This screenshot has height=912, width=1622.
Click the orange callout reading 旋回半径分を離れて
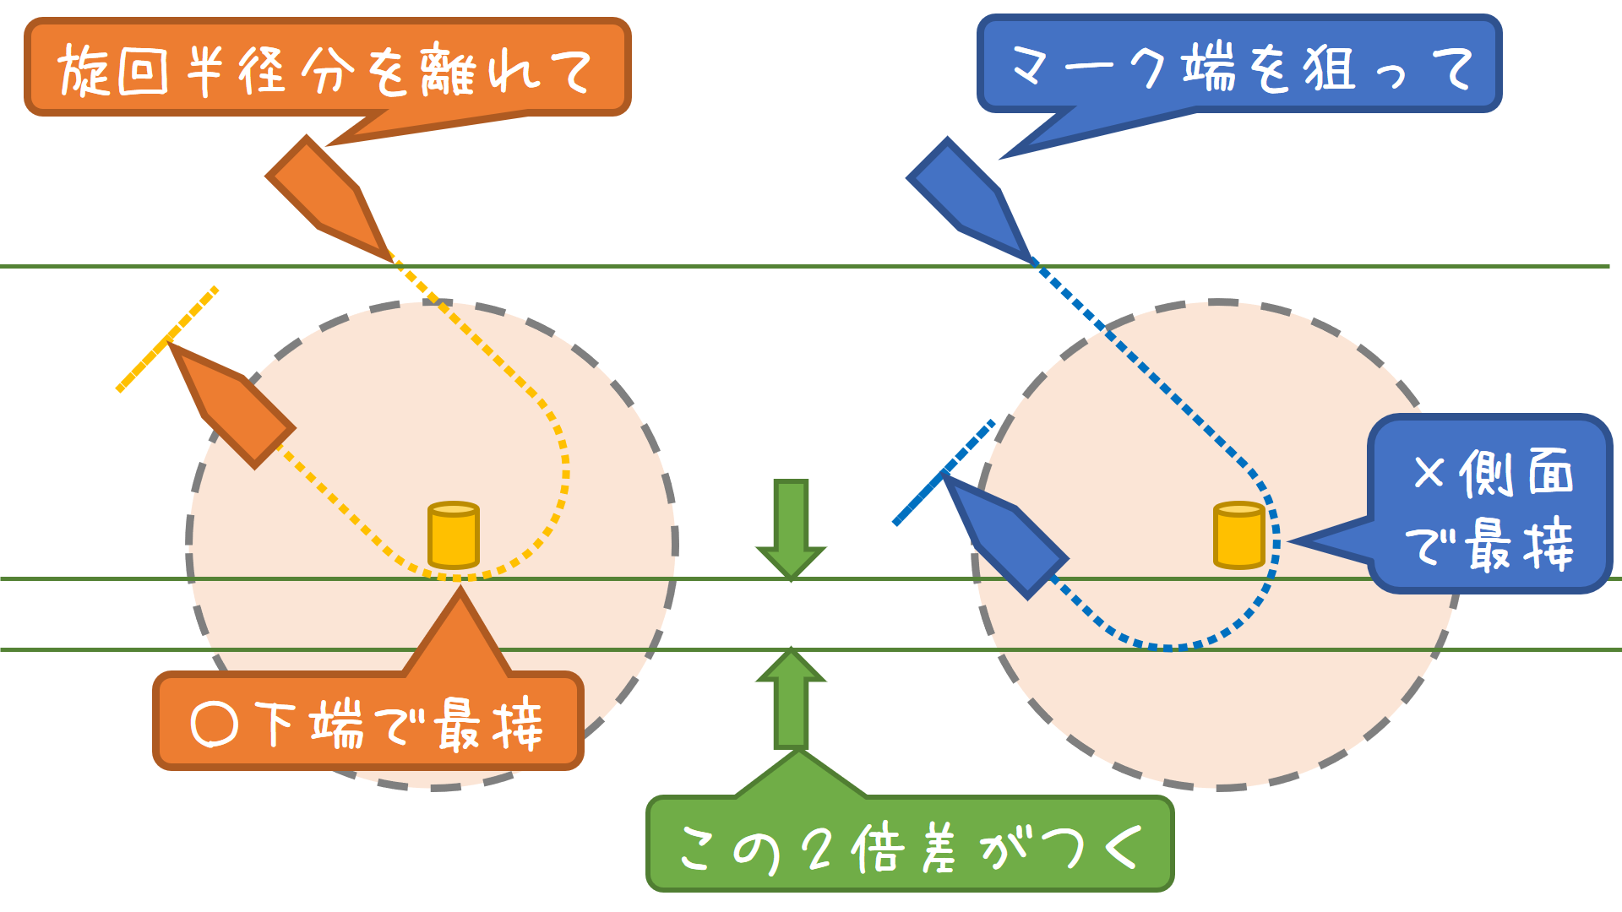click(328, 68)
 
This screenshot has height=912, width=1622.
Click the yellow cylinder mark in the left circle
click(454, 535)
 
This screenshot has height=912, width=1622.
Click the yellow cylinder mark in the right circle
click(1238, 535)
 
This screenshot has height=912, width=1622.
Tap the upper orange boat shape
click(329, 199)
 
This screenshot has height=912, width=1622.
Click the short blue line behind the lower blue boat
click(944, 473)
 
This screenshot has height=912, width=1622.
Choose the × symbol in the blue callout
click(1429, 473)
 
